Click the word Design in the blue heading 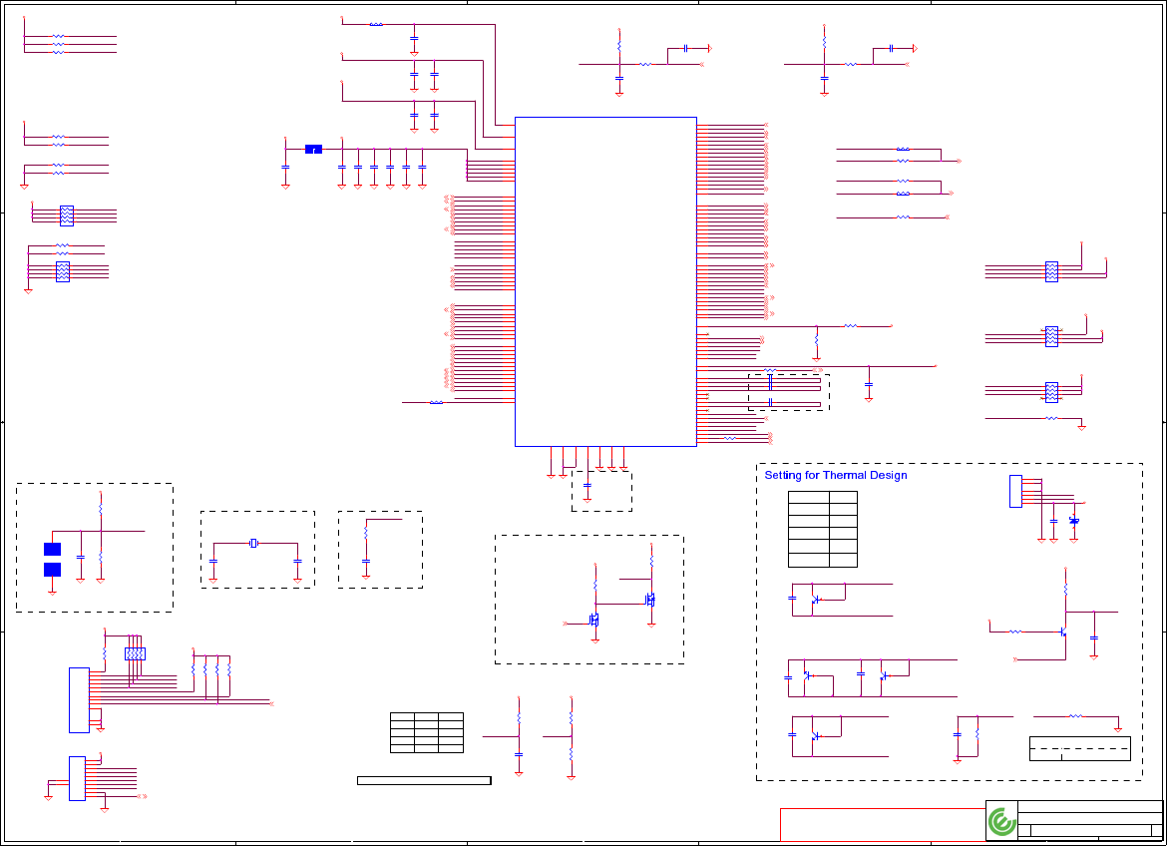(888, 476)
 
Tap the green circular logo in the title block (1001, 822)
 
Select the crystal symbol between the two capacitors (254, 543)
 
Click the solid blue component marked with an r (313, 150)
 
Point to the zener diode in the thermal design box (1074, 521)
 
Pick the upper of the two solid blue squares (53, 549)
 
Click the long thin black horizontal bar (424, 780)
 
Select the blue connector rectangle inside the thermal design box (1015, 491)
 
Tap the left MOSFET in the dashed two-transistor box (594, 620)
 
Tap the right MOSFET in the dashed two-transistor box (649, 600)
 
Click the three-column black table (427, 732)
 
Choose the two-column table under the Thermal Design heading (823, 529)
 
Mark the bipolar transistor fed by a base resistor (1063, 632)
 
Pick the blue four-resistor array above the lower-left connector (135, 653)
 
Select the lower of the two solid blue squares (53, 570)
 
